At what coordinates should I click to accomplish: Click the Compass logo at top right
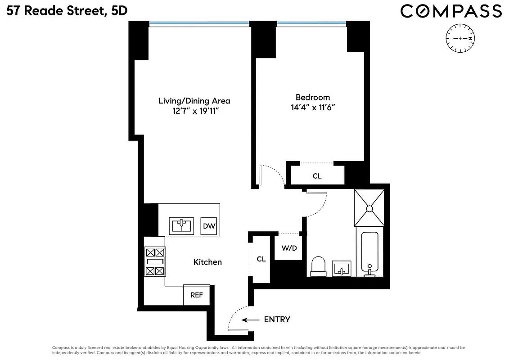(x=451, y=11)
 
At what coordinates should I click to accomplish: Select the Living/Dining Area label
(x=194, y=101)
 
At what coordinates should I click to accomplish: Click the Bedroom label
(x=312, y=97)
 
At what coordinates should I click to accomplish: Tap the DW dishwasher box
(x=209, y=226)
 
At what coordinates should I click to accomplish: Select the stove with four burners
(x=154, y=262)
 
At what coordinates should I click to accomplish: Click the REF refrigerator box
(x=196, y=295)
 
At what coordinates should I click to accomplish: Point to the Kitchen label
(x=207, y=262)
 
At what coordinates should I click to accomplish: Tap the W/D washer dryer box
(x=289, y=248)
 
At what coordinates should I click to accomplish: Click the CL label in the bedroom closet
(x=317, y=176)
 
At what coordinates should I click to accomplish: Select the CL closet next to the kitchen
(x=261, y=259)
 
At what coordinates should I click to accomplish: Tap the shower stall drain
(x=369, y=208)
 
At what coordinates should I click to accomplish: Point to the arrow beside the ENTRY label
(x=251, y=320)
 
